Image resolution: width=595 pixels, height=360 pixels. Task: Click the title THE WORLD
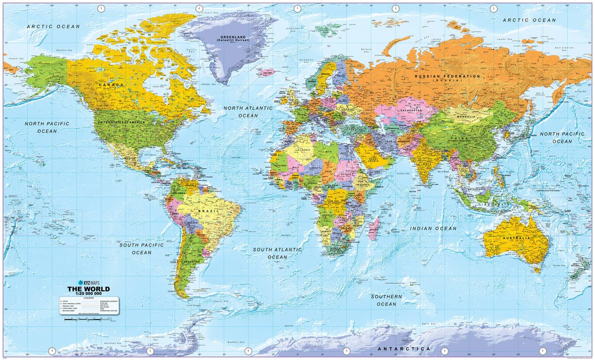click(89, 289)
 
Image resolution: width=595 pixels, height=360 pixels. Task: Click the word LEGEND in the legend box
click(89, 298)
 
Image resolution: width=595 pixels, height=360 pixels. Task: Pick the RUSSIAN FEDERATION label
click(447, 76)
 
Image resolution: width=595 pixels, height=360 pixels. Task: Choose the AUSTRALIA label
click(517, 238)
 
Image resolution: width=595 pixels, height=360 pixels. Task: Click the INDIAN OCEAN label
click(433, 229)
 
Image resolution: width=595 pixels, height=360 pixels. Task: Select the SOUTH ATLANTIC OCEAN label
click(277, 253)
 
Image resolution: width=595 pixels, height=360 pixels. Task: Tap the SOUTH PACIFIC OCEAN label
click(141, 248)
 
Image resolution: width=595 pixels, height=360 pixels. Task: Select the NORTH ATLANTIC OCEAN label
click(248, 112)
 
